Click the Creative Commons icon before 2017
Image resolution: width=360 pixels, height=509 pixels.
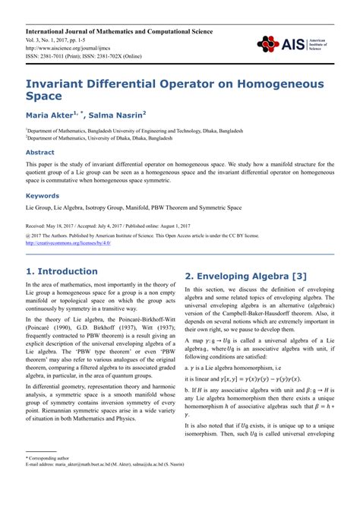(28, 236)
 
